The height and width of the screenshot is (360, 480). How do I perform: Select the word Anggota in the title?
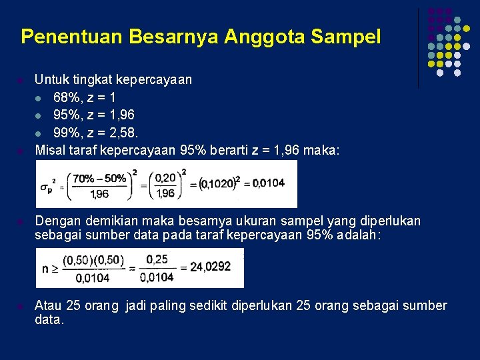pyautogui.click(x=263, y=37)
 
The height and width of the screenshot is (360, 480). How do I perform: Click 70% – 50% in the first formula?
pyautogui.click(x=99, y=179)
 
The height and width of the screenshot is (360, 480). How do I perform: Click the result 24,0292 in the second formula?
pyautogui.click(x=210, y=267)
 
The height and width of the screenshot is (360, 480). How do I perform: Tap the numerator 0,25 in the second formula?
pyautogui.click(x=157, y=259)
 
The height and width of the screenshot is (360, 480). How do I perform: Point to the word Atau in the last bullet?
pyautogui.click(x=49, y=305)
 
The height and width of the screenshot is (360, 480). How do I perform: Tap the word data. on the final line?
pyautogui.click(x=49, y=320)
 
